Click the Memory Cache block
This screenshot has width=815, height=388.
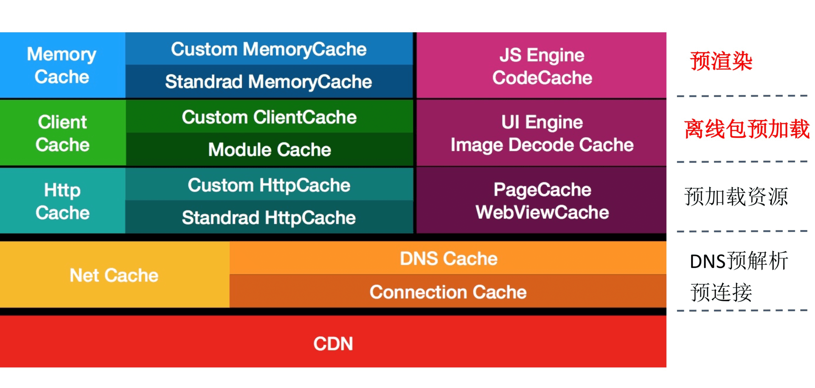[x=62, y=65]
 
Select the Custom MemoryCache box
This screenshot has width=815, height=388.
[x=269, y=49]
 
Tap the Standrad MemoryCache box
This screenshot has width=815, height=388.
[x=269, y=82]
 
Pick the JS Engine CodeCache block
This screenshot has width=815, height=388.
[x=542, y=66]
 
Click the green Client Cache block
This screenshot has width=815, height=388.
[x=62, y=133]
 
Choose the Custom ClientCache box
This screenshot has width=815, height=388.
[x=269, y=117]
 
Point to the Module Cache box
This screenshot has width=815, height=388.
[x=269, y=149]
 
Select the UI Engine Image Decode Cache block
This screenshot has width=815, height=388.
[x=542, y=133]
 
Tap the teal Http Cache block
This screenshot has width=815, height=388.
[x=62, y=201]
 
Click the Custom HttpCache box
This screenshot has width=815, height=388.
[x=269, y=185]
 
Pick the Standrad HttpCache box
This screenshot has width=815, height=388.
[x=269, y=217]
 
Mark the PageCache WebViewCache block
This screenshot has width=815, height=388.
[x=542, y=201]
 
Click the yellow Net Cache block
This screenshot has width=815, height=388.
[x=114, y=275]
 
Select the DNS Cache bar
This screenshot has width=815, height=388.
[x=448, y=259]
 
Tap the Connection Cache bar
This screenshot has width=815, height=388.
[x=448, y=292]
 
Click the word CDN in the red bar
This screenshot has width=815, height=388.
[x=333, y=343]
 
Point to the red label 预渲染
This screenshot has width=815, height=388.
[x=721, y=61]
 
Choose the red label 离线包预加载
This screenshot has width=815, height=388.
[x=747, y=129]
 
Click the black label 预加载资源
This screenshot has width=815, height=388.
[x=736, y=197]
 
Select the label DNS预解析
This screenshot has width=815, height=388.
[x=739, y=261]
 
